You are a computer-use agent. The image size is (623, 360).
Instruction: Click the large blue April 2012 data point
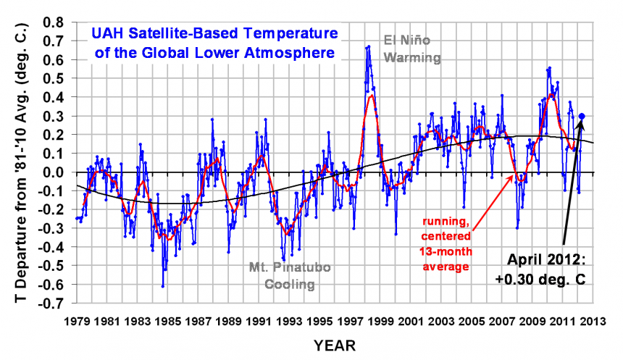[582, 116]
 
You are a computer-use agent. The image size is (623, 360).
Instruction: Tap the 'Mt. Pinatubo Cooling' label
[289, 276]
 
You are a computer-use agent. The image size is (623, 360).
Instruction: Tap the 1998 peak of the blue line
[369, 46]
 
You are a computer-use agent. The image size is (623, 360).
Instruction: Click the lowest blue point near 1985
[163, 287]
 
